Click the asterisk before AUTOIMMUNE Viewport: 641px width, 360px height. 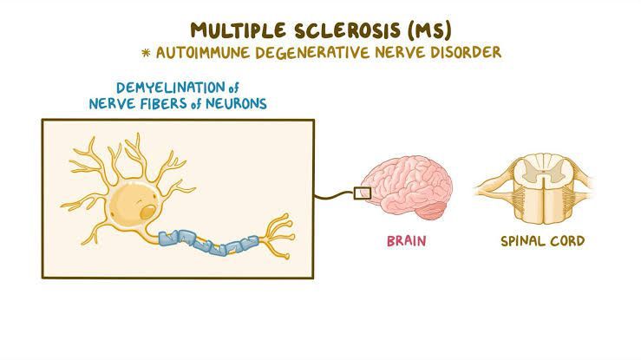tap(147, 53)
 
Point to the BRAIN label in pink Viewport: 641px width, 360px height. tap(406, 239)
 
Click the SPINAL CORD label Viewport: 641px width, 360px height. tap(542, 239)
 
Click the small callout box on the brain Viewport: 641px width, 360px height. tap(363, 193)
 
